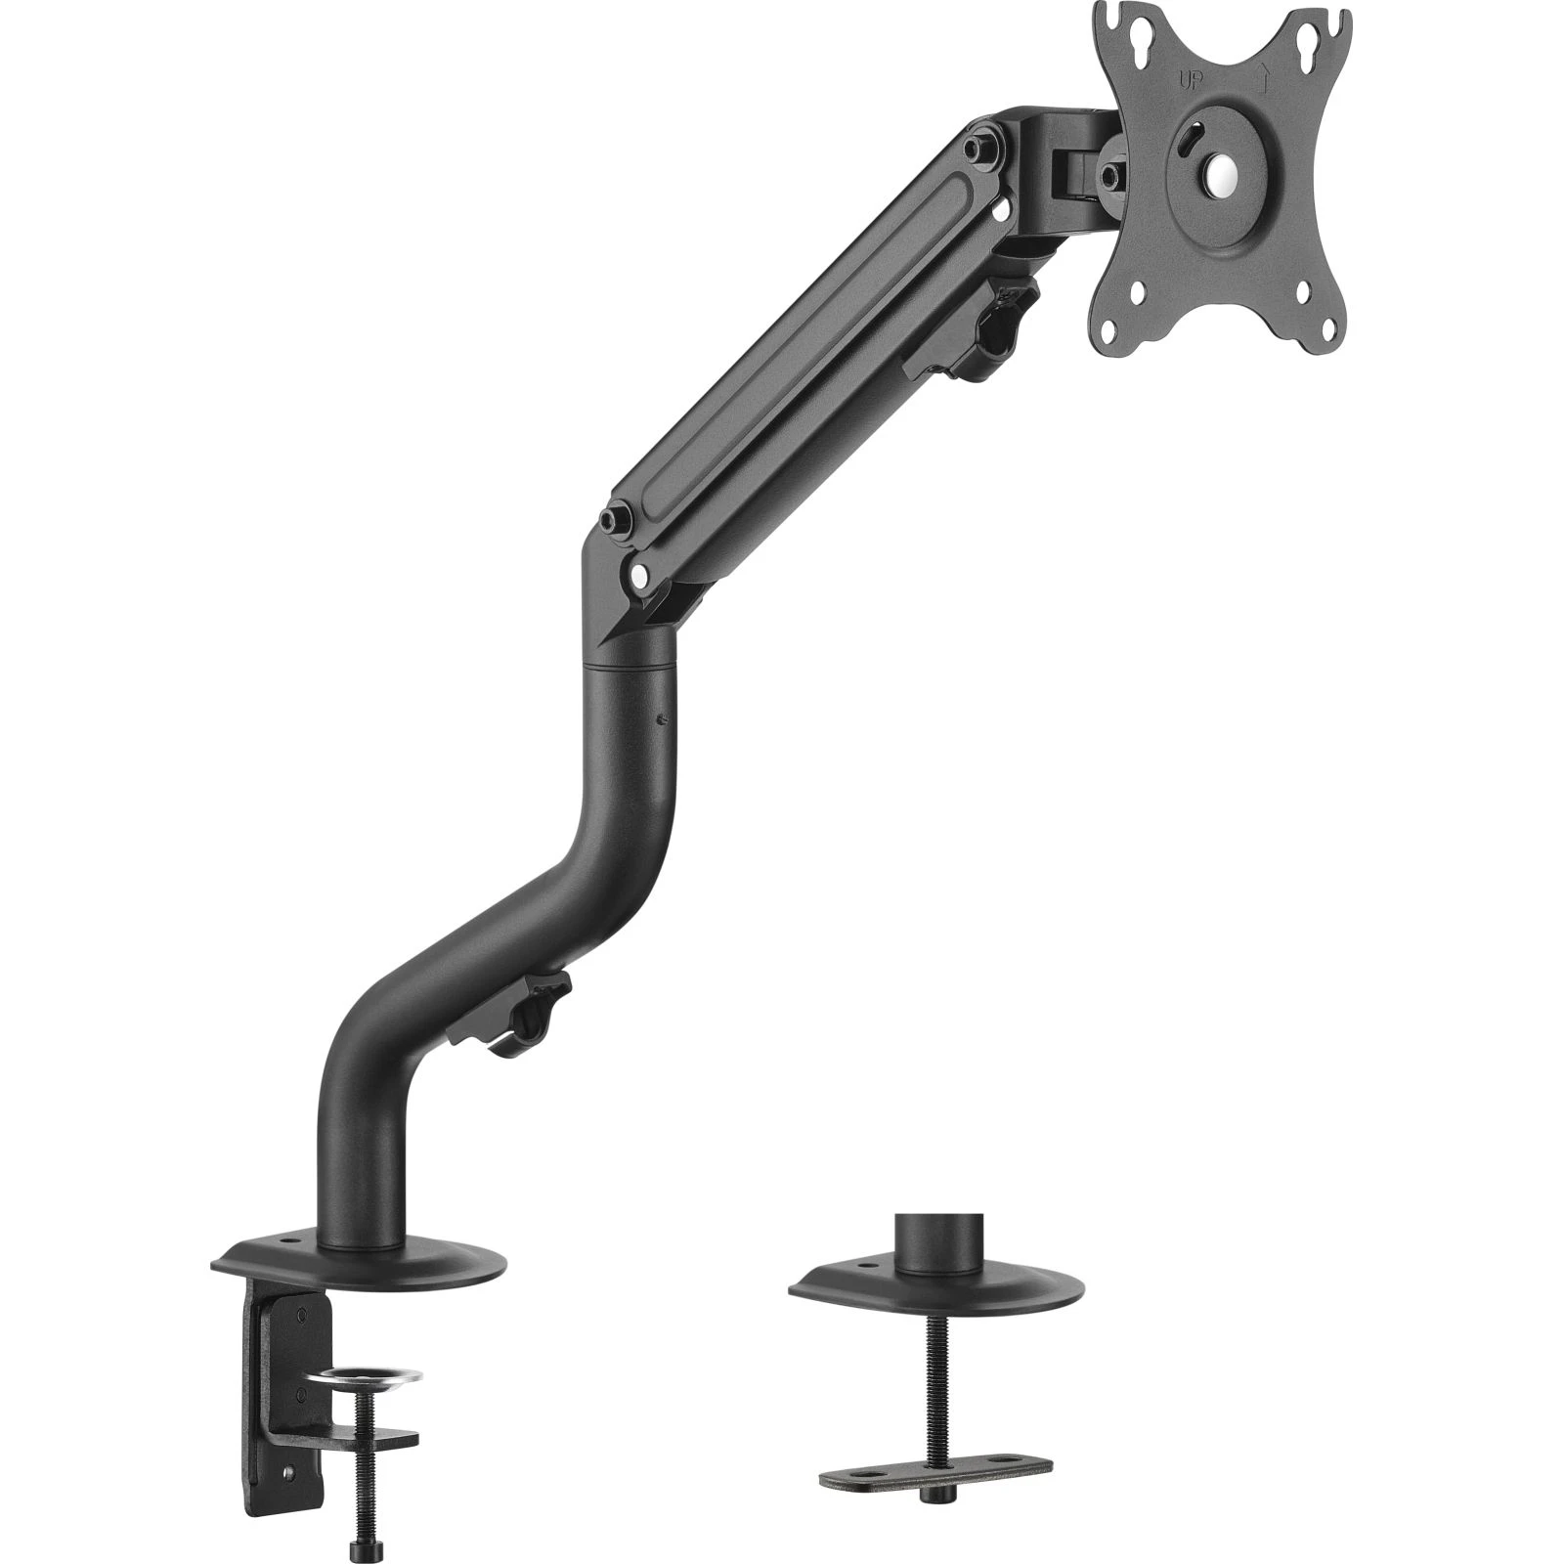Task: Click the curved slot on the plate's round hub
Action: tap(1186, 143)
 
